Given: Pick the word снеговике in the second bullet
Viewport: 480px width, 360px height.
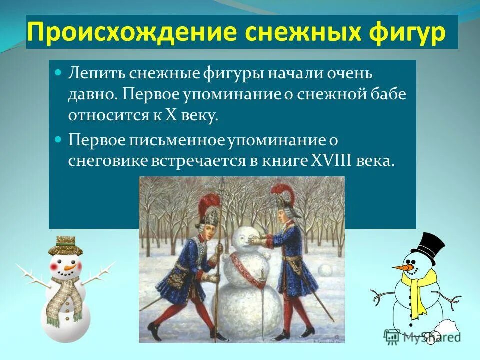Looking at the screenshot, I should pos(105,161).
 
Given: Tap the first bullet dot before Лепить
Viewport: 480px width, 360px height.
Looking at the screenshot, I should pos(57,73).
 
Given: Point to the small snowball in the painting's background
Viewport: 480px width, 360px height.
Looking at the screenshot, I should pos(326,270).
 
